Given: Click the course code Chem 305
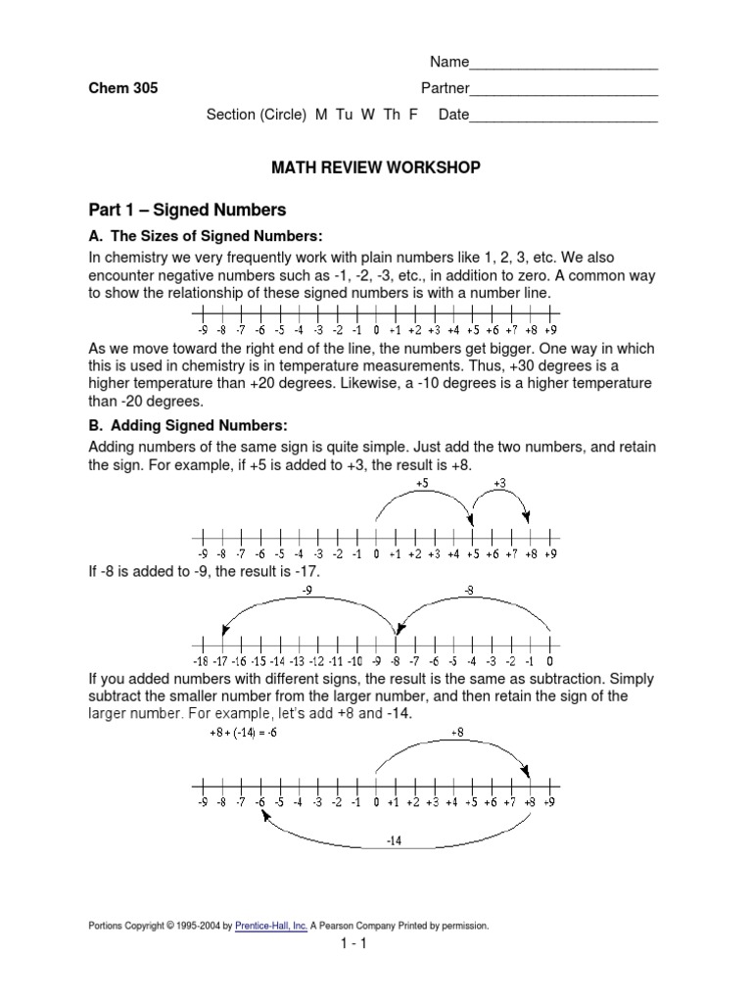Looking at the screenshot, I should coord(122,88).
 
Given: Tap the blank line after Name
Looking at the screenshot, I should coord(563,65).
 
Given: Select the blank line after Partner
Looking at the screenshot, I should coord(563,89).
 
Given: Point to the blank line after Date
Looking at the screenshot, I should coord(563,116).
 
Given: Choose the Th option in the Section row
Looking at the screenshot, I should coord(393,115).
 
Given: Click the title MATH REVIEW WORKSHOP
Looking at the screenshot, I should coord(376,168).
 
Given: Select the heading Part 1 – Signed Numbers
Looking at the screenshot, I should coord(186,210).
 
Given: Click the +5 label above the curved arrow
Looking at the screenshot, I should coord(422,483).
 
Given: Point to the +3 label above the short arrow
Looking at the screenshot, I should coord(499,483).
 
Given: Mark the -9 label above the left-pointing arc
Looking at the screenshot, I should coord(307,591).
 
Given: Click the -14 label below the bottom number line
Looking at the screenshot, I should coord(394,841).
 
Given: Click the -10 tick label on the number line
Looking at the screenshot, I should coord(354,661).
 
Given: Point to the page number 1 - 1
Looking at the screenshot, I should coord(376,945).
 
